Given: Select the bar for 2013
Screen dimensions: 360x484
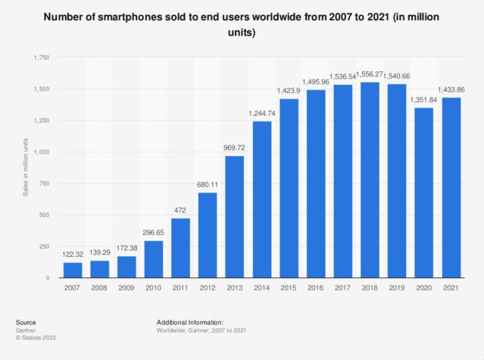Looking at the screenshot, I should (234, 217).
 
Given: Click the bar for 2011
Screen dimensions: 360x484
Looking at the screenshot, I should (180, 248).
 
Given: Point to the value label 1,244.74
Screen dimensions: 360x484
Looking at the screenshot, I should (261, 114).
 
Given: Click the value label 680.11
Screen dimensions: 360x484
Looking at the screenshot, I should (208, 184).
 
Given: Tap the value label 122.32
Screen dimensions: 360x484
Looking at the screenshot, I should (74, 255).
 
